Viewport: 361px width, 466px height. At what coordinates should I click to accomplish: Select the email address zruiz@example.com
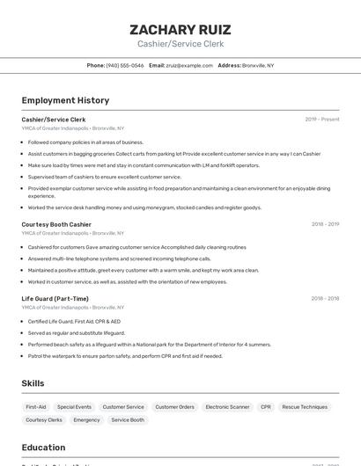coord(189,65)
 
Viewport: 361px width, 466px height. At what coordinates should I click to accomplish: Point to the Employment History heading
coord(65,100)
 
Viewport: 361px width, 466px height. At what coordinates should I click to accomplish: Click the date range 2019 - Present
coord(322,119)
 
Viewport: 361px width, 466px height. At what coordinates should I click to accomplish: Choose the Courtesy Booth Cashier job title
coord(56,224)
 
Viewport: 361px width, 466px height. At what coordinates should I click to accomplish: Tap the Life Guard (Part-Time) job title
coord(55,298)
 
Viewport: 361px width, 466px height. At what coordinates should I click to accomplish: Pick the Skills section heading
coord(33,383)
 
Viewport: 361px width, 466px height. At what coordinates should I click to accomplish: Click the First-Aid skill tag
coord(36,407)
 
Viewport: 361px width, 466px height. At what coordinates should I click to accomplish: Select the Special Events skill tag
coord(74,407)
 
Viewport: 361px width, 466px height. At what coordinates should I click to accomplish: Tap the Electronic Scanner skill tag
coord(227,407)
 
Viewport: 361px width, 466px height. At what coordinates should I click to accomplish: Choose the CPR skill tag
coord(266,407)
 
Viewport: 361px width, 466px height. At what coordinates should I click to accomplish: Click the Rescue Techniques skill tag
coord(305,407)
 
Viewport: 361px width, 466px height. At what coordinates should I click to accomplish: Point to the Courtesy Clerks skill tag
coord(44,420)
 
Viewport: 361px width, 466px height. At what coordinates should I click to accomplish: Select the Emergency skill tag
coord(86,420)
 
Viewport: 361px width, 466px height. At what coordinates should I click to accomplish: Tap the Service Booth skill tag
coord(128,420)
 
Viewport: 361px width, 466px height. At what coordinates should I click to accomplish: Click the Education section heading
coord(43,447)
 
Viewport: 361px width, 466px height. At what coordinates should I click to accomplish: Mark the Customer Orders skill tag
coord(174,407)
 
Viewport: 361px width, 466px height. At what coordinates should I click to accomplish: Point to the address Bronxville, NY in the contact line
coord(258,65)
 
